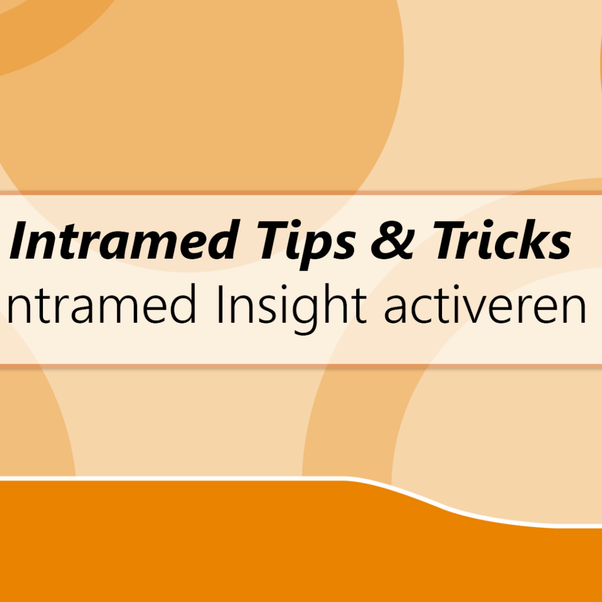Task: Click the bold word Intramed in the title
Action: [x=123, y=240]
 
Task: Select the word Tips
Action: [x=306, y=245]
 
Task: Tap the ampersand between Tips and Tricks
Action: [x=392, y=240]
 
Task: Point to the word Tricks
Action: [x=502, y=240]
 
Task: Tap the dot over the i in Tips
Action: [x=299, y=224]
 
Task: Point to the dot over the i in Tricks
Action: [x=493, y=224]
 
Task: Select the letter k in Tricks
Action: [x=533, y=240]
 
